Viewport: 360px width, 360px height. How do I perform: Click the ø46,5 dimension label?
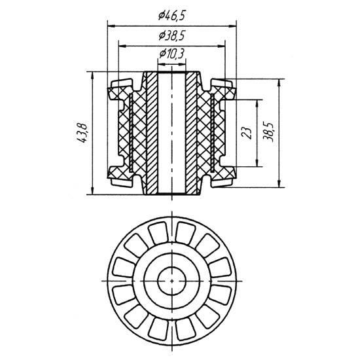pyautogui.click(x=171, y=16)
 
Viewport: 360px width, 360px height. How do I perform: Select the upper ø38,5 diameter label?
pyautogui.click(x=171, y=36)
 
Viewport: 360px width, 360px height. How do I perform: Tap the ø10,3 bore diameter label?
pyautogui.click(x=172, y=54)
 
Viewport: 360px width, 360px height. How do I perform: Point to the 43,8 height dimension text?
pyautogui.click(x=82, y=134)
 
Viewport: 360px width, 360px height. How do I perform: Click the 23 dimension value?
pyautogui.click(x=247, y=133)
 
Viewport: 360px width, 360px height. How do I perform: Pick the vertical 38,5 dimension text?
pyautogui.click(x=268, y=132)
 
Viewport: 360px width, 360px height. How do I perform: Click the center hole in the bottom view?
pyautogui.click(x=171, y=281)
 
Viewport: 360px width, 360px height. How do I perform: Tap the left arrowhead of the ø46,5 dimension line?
pyautogui.click(x=111, y=26)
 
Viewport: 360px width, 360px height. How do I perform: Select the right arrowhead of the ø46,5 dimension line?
pyautogui.click(x=232, y=26)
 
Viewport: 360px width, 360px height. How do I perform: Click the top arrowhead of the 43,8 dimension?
pyautogui.click(x=92, y=75)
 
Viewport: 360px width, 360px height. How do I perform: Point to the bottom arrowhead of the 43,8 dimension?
pyautogui.click(x=92, y=191)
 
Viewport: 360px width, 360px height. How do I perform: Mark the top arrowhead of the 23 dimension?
pyautogui.click(x=257, y=103)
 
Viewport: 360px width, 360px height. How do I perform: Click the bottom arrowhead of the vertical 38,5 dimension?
pyautogui.click(x=279, y=184)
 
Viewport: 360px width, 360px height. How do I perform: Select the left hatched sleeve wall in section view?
pyautogui.click(x=152, y=133)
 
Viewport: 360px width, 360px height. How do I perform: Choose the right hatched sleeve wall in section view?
pyautogui.click(x=191, y=133)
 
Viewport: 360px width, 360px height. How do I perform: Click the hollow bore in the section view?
pyautogui.click(x=171, y=133)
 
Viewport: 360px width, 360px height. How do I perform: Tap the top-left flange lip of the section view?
pyautogui.click(x=122, y=83)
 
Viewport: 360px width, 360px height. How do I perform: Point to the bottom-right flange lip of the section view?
pyautogui.click(x=221, y=183)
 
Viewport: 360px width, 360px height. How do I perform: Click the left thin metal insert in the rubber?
pyautogui.click(x=131, y=133)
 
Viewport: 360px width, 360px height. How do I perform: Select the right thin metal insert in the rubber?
pyautogui.click(x=212, y=133)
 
